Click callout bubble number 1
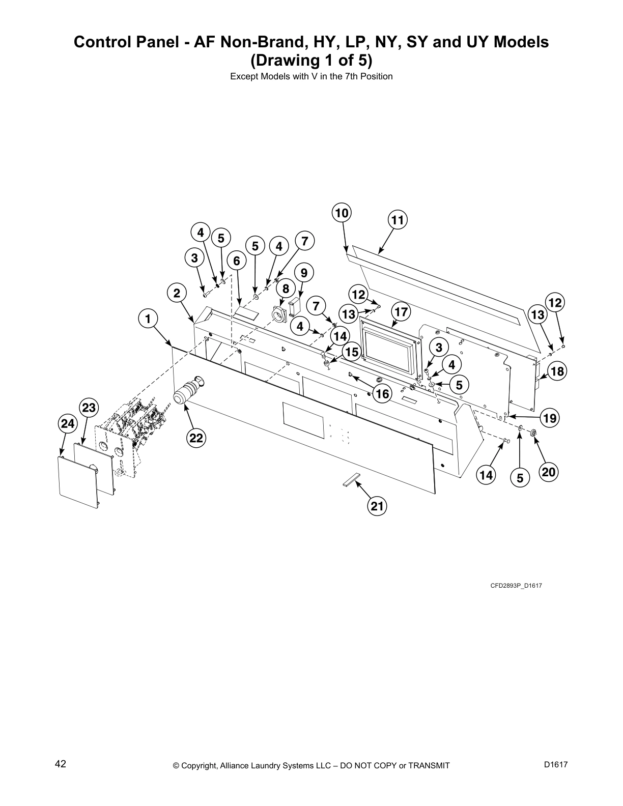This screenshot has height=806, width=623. [148, 319]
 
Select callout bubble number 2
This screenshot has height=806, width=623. [177, 293]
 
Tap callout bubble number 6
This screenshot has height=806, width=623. [237, 261]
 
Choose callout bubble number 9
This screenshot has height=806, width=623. [304, 273]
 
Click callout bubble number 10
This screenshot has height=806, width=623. [342, 213]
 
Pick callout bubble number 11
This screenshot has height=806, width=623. [398, 220]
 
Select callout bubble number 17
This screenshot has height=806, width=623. [402, 311]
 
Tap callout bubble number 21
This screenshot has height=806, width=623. [377, 506]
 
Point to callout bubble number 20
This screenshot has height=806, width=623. [549, 472]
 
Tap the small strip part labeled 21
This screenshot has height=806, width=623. [351, 480]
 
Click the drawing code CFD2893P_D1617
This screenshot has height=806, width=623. [516, 586]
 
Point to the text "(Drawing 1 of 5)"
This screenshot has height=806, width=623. [311, 61]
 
